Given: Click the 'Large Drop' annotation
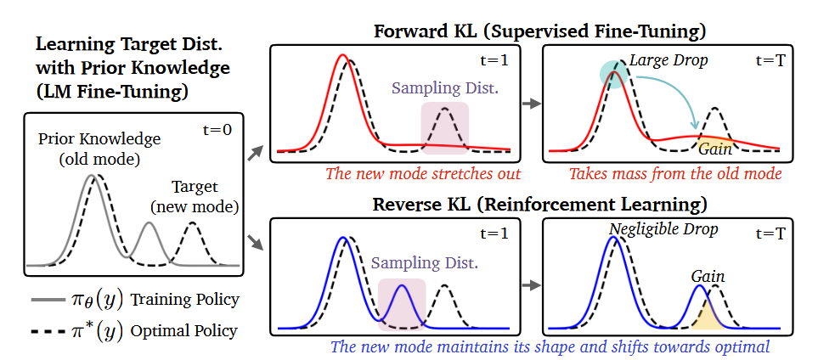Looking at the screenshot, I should [x=667, y=62].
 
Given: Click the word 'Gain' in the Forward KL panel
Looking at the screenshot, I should [x=715, y=149].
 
